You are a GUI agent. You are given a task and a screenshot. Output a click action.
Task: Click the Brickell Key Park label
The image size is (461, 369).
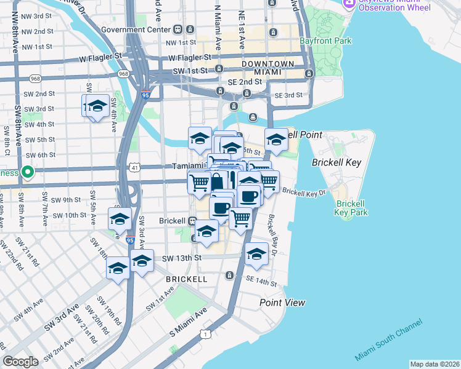click(x=351, y=207)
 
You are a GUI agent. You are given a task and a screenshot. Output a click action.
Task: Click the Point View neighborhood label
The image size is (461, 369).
click(x=282, y=303)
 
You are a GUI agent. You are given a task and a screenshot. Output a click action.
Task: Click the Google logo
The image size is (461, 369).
click(x=20, y=361)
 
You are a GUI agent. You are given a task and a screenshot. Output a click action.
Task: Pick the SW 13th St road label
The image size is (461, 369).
click(x=181, y=258)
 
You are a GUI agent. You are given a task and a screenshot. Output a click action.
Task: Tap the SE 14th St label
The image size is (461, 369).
click(x=261, y=282)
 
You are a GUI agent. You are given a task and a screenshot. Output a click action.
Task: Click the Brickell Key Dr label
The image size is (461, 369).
click(x=303, y=192)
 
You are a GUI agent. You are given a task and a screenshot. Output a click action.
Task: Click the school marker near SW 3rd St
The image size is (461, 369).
click(x=96, y=106)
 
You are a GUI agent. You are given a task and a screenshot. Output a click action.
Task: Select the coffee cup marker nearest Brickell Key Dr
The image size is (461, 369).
click(x=249, y=196)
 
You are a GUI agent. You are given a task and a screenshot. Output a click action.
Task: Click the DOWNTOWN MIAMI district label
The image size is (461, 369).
click(x=267, y=68)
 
